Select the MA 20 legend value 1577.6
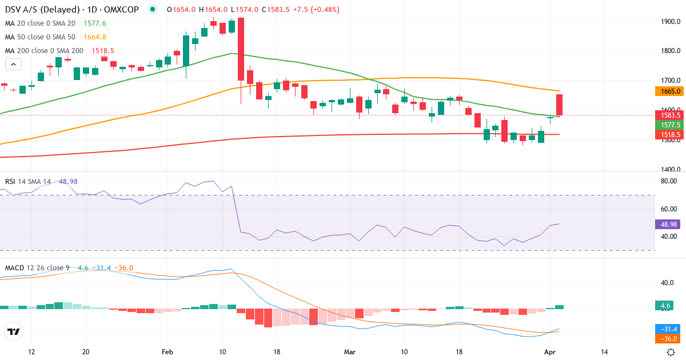pos(95,23)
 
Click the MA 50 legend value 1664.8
pos(95,37)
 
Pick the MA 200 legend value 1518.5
pos(103,50)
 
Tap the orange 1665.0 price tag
pos(667,91)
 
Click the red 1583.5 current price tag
pos(667,115)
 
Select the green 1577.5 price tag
pos(667,125)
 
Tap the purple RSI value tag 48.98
pos(667,225)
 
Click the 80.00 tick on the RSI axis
pos(668,181)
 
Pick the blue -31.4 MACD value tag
pos(667,329)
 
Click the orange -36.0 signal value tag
pos(667,338)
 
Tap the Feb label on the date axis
pos(167,351)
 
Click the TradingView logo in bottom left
pos(14,331)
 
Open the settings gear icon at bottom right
pos(671,351)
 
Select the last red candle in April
pos(560,105)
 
